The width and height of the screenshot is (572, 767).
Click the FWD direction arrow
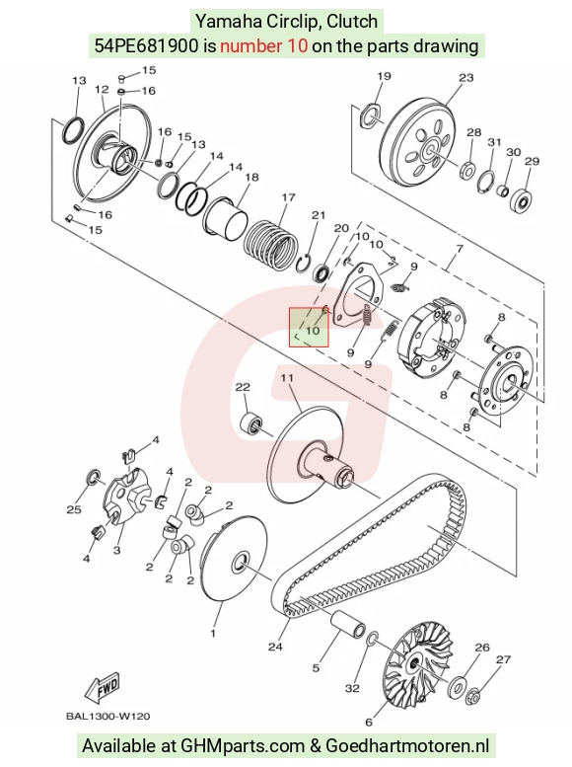click(103, 688)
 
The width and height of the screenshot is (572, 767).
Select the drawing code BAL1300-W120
click(108, 717)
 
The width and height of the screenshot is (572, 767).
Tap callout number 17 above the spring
click(288, 197)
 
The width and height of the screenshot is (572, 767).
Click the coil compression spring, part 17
click(271, 244)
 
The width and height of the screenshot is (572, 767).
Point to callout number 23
click(465, 77)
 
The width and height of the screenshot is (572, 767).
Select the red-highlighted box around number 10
click(309, 328)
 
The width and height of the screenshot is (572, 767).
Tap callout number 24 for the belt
click(275, 647)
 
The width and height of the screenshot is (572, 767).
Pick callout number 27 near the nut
click(503, 659)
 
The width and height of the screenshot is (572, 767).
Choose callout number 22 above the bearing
click(243, 387)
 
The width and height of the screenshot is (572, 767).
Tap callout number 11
click(287, 378)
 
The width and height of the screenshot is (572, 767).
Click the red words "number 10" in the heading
click(264, 46)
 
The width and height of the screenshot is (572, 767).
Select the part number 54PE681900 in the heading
click(147, 46)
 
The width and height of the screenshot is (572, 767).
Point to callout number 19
click(385, 76)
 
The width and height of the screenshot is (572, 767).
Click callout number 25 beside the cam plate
click(74, 509)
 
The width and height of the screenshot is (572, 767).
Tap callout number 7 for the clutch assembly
click(460, 249)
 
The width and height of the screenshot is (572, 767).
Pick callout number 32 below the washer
click(352, 688)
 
